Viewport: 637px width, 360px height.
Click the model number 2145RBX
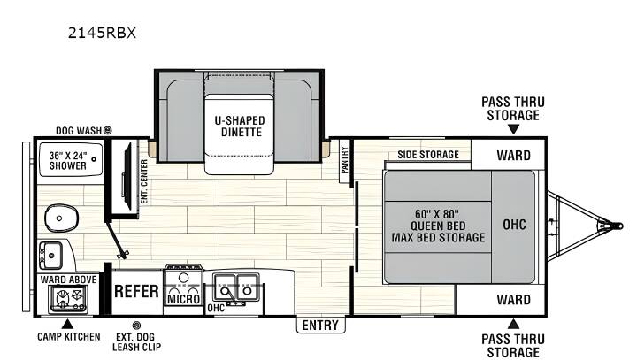coord(102,33)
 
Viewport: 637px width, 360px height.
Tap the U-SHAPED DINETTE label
coord(240,126)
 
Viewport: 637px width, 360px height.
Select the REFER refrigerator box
coord(136,291)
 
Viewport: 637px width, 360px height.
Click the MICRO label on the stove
coord(184,299)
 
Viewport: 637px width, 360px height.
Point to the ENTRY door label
coord(320,325)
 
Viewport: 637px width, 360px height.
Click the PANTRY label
coord(344,160)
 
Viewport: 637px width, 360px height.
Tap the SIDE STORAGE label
coord(428,155)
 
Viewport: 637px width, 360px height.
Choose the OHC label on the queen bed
coord(514,225)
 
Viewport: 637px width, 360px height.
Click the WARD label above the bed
coord(513,155)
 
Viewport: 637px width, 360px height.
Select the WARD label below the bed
coord(513,300)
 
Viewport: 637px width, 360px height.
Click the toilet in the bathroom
coord(61,218)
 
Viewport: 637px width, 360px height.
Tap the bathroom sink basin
coord(50,255)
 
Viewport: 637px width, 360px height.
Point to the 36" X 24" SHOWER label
coord(68,160)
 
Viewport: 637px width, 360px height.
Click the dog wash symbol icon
coord(108,130)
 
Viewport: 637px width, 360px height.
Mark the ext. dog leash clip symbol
coord(136,325)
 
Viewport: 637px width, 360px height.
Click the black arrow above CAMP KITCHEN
coord(67,324)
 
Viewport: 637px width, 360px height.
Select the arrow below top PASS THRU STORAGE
coord(513,129)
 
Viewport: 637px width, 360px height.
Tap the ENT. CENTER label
coord(144,181)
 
